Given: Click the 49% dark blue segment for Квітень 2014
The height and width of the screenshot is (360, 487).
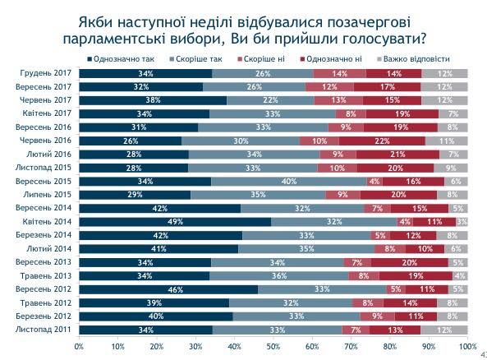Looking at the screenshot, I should tap(175, 221).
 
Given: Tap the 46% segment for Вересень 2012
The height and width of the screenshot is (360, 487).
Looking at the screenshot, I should tap(168, 289).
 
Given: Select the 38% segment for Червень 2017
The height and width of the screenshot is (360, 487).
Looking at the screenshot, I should tap(153, 100).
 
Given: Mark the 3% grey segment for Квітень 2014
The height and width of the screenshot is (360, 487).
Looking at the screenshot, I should tap(462, 221).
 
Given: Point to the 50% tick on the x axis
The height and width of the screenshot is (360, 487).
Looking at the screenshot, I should tap(273, 346).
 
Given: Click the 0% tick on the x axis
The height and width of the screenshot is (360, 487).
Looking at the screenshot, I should tap(79, 346).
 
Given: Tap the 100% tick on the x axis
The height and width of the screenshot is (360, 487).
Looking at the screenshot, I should tap(467, 346).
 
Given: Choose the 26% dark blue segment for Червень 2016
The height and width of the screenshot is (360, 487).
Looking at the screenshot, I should tap(130, 141).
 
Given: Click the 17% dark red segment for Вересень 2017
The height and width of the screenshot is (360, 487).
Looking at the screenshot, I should tap(388, 86).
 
